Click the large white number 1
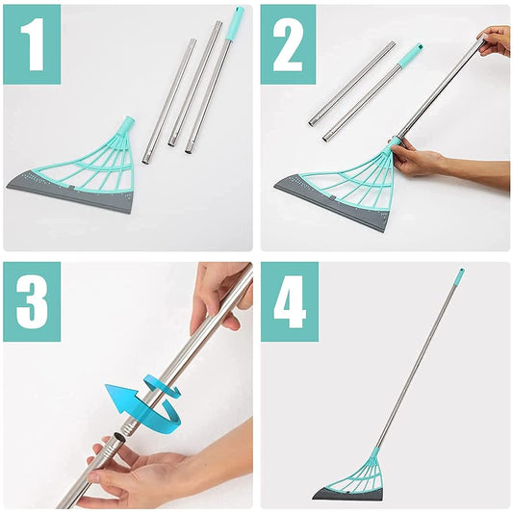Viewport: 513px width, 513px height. coord(33,44)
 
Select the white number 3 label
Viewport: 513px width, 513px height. coord(32,301)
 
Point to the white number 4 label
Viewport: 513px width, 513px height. coord(290,301)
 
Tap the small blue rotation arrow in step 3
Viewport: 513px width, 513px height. coord(162,387)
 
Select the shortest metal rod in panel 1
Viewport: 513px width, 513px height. coord(169,101)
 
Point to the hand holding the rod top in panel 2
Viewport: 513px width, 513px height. coord(494,40)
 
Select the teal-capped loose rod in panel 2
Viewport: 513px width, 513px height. coord(372,92)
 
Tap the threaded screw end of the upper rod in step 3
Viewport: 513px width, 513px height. coord(131,426)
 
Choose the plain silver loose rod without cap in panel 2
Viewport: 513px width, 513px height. coord(351,84)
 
